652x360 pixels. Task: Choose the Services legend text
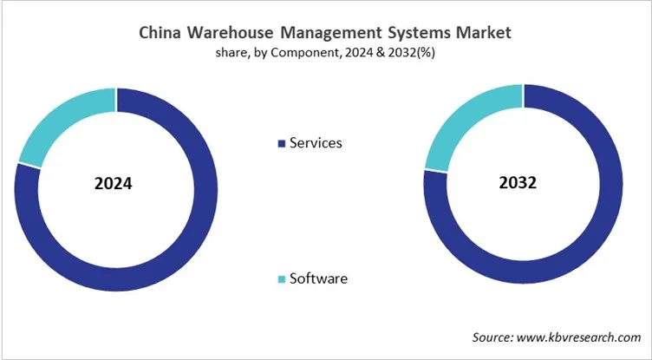[316, 142]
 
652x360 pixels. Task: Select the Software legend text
[318, 278]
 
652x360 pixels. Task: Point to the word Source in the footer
[492, 337]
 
